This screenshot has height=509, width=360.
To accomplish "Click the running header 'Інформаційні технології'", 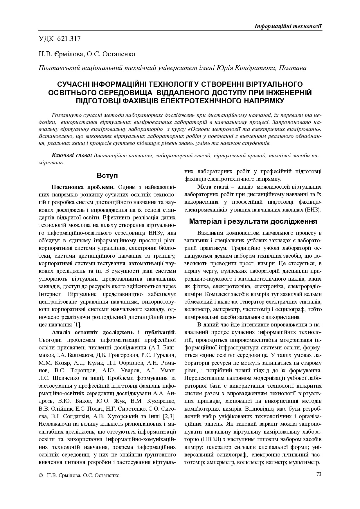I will coord(288,26).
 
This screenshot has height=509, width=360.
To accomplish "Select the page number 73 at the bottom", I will coord(318,474).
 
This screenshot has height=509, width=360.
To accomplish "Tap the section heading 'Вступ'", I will coord(107,176).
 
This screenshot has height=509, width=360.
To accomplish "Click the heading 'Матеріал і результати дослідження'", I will coord(253,222).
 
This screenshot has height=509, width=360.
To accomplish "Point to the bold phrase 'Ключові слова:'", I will coord(72,156).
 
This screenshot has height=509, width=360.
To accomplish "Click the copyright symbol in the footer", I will coord(41,475).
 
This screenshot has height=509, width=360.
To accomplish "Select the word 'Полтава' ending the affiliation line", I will coord(292,68).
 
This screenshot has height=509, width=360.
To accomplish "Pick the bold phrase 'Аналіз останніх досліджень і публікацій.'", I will coord(114,332).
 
